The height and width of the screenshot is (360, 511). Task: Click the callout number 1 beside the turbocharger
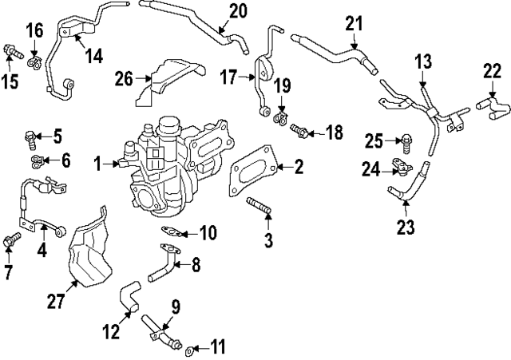[97, 164]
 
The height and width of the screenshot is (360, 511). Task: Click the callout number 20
[239, 12]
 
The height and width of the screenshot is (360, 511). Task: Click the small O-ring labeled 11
[188, 349]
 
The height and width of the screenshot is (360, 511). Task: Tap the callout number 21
[354, 24]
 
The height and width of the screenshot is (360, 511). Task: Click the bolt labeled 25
[406, 144]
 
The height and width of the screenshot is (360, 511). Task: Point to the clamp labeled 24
[400, 168]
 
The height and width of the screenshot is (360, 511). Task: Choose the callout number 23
[406, 227]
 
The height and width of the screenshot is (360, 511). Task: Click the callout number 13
[422, 61]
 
